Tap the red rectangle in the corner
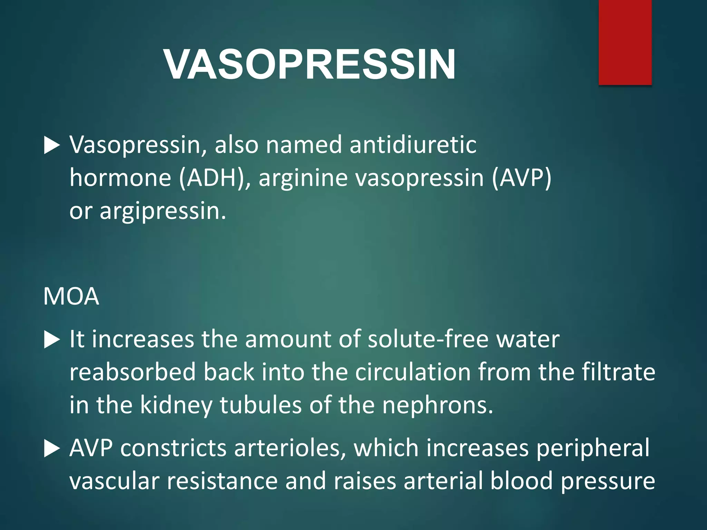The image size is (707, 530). pos(625,42)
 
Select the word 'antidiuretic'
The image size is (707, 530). pos(413,145)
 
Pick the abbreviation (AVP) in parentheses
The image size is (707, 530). pos(522,178)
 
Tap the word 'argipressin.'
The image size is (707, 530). pos(163,211)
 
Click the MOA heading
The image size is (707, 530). pos(71,297)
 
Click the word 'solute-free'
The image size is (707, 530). pos(428,340)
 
